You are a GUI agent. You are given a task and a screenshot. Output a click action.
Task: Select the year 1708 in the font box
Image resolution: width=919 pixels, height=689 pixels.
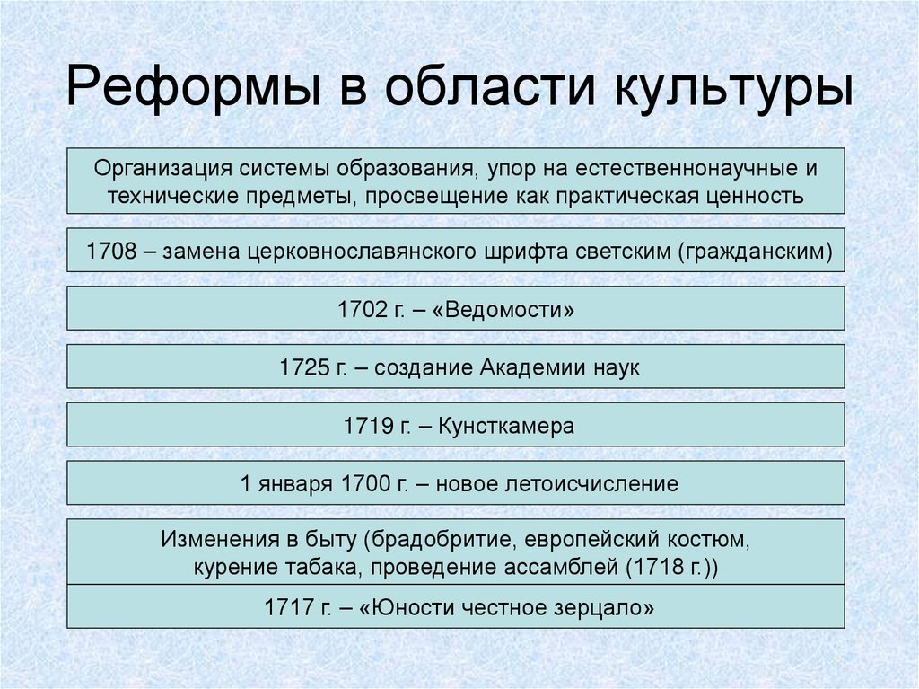pyautogui.click(x=111, y=251)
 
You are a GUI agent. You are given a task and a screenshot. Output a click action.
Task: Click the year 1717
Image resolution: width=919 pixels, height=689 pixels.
pyautogui.click(x=287, y=606)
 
